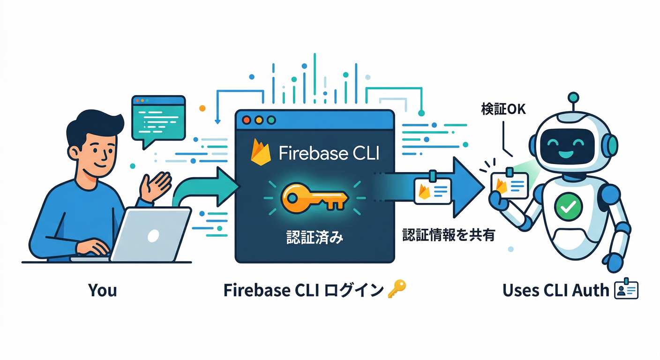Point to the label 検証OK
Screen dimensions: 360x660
click(x=503, y=109)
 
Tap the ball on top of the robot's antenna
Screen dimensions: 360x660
click(x=573, y=98)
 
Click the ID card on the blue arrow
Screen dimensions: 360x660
click(x=432, y=190)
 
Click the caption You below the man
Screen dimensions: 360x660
click(x=102, y=290)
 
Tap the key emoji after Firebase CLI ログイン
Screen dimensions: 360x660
click(x=397, y=290)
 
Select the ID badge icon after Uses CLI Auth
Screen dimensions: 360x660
click(x=626, y=290)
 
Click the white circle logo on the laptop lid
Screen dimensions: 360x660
click(x=153, y=235)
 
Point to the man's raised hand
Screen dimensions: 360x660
click(x=156, y=186)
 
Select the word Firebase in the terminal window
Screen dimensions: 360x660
click(x=306, y=153)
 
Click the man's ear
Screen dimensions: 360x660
click(x=73, y=152)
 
